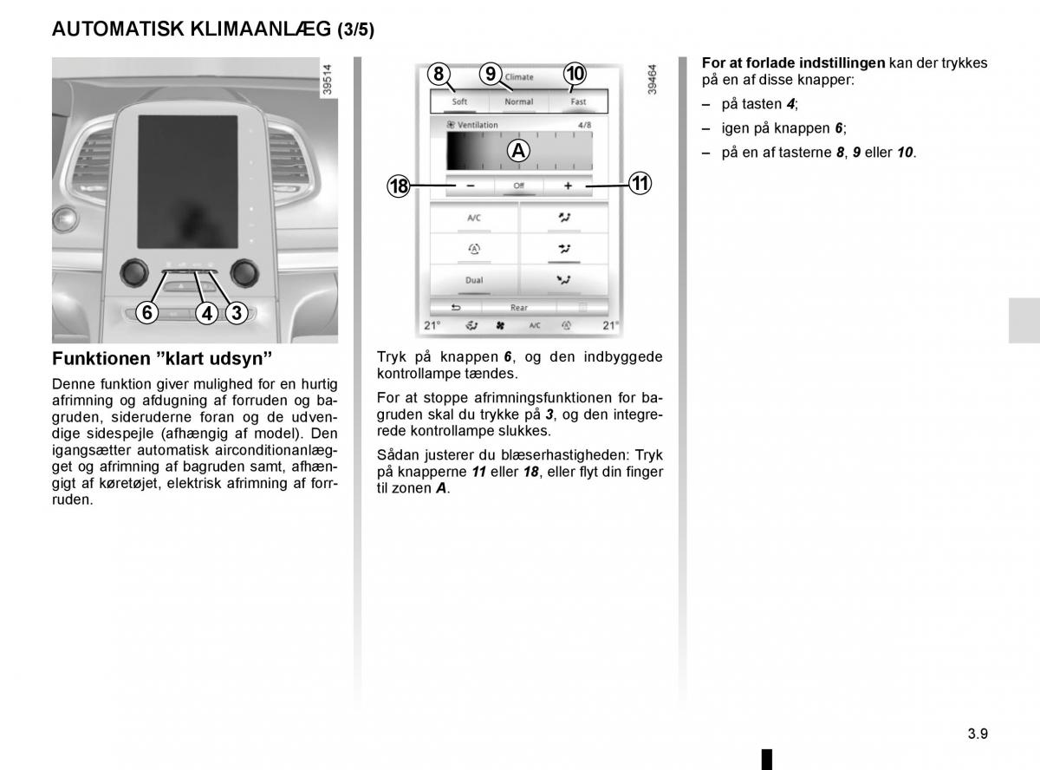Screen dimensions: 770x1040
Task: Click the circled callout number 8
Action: [x=439, y=75]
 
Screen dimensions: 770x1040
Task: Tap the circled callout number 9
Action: [x=491, y=75]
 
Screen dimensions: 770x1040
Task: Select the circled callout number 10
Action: [x=575, y=75]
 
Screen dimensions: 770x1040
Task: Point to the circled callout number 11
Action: [x=640, y=184]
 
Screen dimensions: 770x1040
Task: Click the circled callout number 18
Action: [x=399, y=186]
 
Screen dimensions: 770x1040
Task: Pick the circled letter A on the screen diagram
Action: [x=518, y=151]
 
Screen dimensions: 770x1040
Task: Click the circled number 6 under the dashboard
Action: [x=148, y=313]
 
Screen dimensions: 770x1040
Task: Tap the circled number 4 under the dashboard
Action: [x=206, y=313]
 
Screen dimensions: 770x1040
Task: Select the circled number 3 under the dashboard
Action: [x=236, y=313]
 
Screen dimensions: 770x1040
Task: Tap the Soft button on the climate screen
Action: [x=459, y=101]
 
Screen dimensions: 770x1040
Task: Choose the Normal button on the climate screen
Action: [x=519, y=101]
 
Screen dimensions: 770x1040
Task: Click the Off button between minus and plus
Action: [x=518, y=186]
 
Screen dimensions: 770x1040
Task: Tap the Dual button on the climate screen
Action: [x=474, y=280]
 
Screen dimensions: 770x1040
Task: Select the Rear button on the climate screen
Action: [x=518, y=308]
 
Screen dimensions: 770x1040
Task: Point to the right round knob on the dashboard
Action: [x=245, y=272]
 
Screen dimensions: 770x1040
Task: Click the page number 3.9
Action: [x=978, y=733]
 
